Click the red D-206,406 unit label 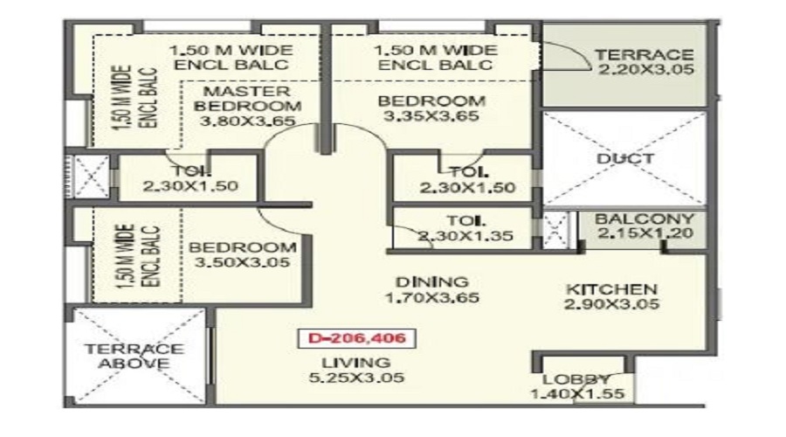tap(356, 338)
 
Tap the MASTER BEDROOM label tap(247, 99)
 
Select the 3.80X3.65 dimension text tap(247, 121)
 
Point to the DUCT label tap(625, 158)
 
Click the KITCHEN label tap(611, 289)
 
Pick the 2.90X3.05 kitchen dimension tap(611, 304)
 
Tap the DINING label tap(431, 282)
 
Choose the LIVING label tap(356, 363)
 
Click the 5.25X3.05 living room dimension tap(356, 378)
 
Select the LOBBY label tap(576, 380)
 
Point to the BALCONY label tap(645, 219)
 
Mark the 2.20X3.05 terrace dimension tap(646, 69)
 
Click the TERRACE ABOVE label tap(134, 357)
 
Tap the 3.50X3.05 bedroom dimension tap(242, 262)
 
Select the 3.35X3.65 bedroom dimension tap(431, 116)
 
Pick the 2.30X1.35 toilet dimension tap(465, 235)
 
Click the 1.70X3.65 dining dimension tap(431, 297)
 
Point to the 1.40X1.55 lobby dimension tap(577, 394)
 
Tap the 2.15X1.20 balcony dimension tap(645, 232)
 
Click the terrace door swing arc tap(581, 52)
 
